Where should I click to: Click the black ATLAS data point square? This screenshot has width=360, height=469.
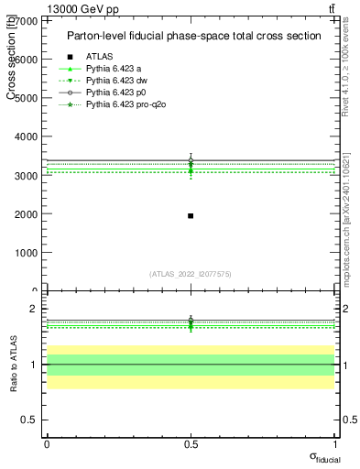point(190,215)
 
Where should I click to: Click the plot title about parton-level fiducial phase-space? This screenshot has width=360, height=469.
point(193,36)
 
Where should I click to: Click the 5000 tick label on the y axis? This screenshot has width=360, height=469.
point(27,97)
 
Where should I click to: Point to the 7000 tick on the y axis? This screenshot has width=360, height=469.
point(27,19)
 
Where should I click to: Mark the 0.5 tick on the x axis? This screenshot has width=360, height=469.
point(190,443)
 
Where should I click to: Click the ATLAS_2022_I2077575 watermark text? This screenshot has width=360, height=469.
point(190,274)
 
